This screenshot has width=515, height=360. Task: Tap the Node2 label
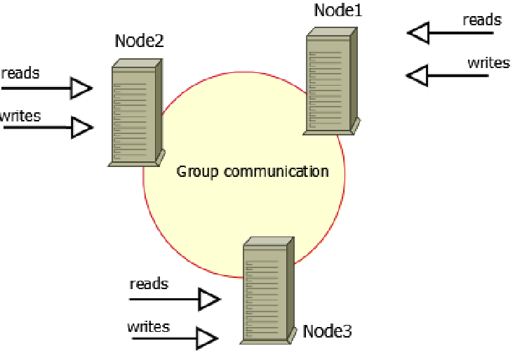point(139,41)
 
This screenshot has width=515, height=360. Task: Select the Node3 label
point(326,331)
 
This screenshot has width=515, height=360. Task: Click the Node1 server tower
point(330,83)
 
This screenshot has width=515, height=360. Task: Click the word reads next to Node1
point(482,20)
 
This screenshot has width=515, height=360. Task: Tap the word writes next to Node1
point(488,63)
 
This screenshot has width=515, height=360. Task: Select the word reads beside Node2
point(20,73)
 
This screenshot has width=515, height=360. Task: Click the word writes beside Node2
point(20,116)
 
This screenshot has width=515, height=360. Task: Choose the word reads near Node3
point(149,284)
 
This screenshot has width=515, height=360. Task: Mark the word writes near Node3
point(148,326)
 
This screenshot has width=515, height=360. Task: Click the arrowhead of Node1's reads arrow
point(418,32)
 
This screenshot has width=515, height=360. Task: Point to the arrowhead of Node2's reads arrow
point(82,88)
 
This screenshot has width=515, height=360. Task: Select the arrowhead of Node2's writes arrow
point(83,128)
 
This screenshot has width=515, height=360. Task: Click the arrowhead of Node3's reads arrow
point(209,300)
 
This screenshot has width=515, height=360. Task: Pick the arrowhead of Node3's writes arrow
point(206,339)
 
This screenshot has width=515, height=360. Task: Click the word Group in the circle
point(197,171)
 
